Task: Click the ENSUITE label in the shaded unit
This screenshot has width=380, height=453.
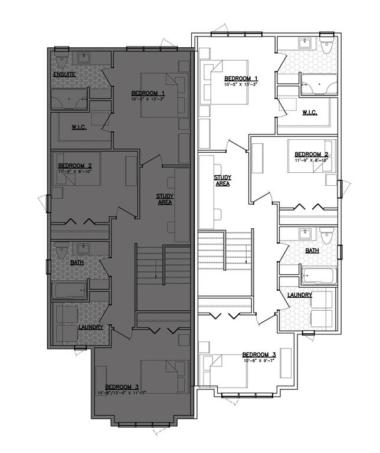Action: [x=64, y=74]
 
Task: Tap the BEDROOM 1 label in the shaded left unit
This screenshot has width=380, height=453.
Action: [x=148, y=93]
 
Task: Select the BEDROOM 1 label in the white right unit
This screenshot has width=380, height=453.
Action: [x=241, y=78]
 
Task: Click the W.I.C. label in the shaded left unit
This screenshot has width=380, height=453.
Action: [x=80, y=127]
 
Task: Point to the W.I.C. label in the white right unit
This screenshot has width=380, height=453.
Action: [x=310, y=112]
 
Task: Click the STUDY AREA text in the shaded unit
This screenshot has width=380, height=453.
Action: [x=164, y=199]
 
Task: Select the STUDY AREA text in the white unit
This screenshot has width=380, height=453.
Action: [x=222, y=180]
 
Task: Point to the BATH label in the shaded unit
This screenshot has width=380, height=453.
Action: [x=77, y=262]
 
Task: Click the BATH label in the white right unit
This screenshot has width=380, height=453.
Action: [x=312, y=251]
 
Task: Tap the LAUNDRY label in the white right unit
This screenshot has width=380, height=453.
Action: [x=300, y=295]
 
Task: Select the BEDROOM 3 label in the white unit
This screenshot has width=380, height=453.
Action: [x=258, y=355]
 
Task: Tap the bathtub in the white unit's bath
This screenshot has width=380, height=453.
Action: [x=318, y=276]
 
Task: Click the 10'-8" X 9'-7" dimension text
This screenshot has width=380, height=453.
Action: [x=258, y=362]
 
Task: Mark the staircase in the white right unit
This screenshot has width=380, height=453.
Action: [x=224, y=262]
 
